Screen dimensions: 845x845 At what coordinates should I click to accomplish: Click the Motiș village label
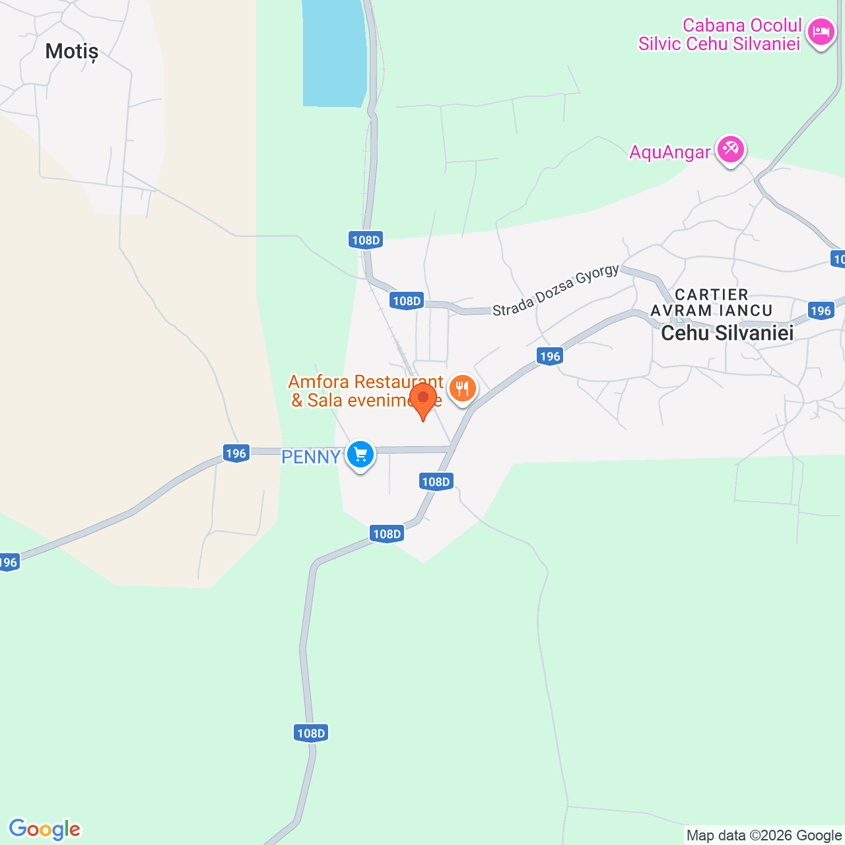[x=71, y=51]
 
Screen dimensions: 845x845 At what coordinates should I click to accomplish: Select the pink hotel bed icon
[x=821, y=31]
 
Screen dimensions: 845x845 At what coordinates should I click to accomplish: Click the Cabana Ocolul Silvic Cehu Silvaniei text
[x=720, y=34]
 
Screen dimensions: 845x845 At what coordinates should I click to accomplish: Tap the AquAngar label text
[x=669, y=152]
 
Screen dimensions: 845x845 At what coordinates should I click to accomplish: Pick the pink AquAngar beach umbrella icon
[x=731, y=149]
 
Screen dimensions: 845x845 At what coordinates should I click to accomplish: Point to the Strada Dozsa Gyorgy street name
[x=556, y=290]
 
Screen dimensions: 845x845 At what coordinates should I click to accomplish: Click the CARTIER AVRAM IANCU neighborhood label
[x=712, y=302]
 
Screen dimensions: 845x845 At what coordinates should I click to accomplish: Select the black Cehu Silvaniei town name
[x=727, y=333]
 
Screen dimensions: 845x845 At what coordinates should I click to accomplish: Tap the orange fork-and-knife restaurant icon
[x=463, y=388]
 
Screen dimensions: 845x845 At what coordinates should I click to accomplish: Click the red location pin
[x=423, y=399]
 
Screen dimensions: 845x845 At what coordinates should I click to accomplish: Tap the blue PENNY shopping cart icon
[x=360, y=454]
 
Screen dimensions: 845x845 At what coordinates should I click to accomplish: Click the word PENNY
[x=311, y=457]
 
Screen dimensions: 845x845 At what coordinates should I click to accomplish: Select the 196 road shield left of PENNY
[x=236, y=454]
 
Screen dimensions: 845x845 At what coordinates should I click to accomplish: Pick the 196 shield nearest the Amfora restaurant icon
[x=549, y=356]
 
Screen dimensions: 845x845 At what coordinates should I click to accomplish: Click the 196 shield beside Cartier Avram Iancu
[x=820, y=310]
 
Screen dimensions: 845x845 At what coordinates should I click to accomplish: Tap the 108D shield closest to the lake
[x=366, y=240]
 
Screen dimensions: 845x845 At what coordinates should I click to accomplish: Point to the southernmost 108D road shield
[x=311, y=733]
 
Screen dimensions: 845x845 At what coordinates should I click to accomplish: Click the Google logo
[x=44, y=829]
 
